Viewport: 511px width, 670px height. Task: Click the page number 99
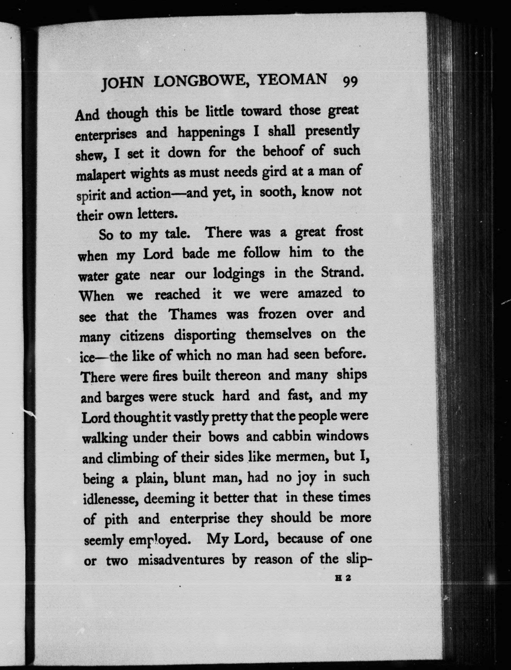pos(350,82)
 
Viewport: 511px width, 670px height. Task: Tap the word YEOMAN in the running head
pos(292,80)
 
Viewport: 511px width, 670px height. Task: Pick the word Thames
pos(193,314)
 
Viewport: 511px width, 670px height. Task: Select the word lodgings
pos(239,274)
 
